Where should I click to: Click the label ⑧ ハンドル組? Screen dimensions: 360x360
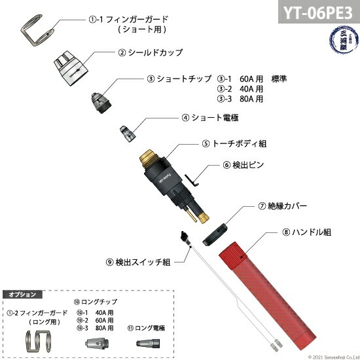(307, 231)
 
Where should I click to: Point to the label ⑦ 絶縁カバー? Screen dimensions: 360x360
(282, 206)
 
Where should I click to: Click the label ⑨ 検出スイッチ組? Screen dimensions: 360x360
(138, 262)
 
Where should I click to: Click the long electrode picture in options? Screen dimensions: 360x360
(146, 343)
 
